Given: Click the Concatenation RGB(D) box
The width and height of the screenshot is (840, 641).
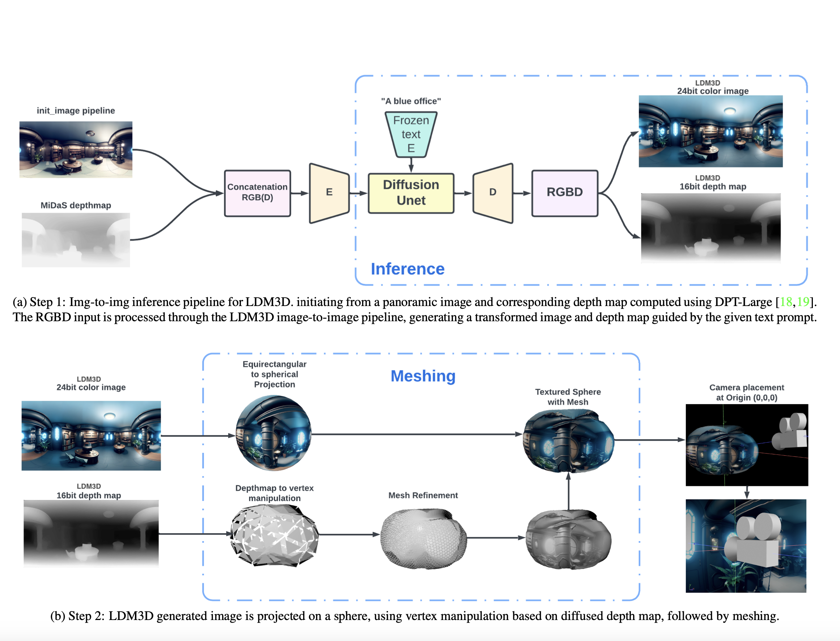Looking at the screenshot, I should tap(258, 193).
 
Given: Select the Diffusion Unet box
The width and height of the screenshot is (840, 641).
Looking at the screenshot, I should tap(411, 193).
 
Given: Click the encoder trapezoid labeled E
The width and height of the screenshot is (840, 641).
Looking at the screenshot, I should tap(329, 193).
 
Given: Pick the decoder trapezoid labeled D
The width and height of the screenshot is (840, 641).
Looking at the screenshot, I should tap(492, 193).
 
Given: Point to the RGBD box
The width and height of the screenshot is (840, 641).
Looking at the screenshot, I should tap(565, 193).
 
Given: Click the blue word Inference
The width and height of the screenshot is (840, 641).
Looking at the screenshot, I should tap(407, 269).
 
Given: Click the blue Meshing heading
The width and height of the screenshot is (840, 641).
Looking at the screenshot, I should tap(423, 376).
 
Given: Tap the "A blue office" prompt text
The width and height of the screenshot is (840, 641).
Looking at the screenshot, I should tap(411, 101).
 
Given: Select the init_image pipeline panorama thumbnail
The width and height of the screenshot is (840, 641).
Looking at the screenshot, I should tap(76, 149).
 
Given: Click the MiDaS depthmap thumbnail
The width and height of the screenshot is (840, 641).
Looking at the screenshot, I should tap(76, 239).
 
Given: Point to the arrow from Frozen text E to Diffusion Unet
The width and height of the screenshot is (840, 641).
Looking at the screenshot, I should tap(411, 165).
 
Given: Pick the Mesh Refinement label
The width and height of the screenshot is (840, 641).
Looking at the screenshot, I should tap(423, 495).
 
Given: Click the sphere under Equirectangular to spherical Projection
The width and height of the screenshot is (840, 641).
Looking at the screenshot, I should tap(273, 433).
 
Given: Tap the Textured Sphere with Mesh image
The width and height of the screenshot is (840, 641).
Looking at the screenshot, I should tap(568, 441).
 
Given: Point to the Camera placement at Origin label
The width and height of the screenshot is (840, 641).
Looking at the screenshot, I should tap(747, 392).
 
